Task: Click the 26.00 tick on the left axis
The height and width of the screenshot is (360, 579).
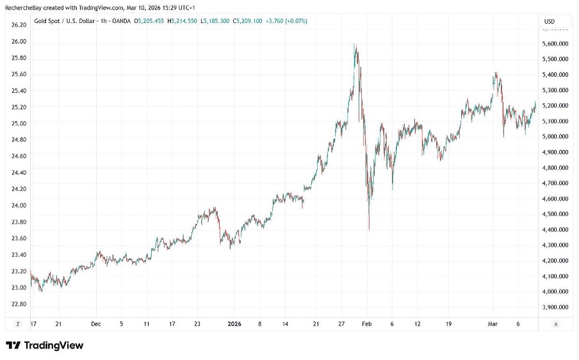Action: pos(18,41)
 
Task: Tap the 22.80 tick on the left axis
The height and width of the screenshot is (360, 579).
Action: pos(18,304)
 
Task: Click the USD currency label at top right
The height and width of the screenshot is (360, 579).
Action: pos(549,21)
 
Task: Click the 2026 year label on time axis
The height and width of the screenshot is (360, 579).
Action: pos(236,324)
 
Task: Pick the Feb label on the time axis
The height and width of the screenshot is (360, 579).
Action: pos(366,324)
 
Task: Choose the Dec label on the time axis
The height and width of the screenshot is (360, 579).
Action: pos(95,324)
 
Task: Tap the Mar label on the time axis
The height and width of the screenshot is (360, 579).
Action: pos(493,324)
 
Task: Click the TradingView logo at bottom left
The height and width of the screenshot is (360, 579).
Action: pos(45,345)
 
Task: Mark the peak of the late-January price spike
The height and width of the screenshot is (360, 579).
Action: pos(355,45)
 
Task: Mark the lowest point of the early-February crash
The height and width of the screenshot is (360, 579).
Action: pos(370,229)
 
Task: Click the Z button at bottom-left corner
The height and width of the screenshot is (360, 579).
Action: pos(18,324)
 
